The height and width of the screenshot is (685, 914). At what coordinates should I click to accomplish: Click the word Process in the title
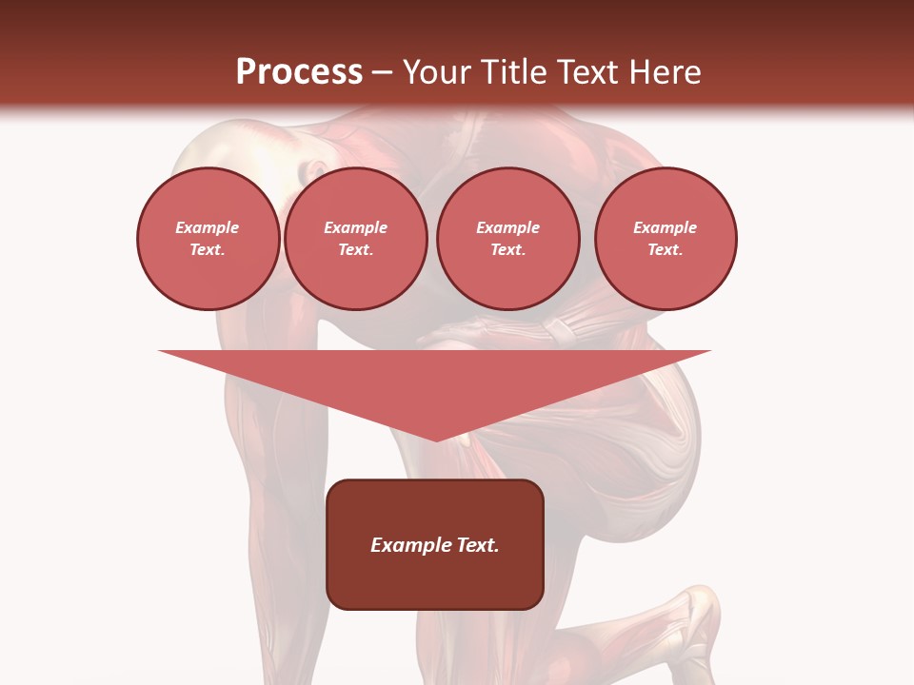point(299,72)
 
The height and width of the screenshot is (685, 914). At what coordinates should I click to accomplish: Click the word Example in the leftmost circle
point(208,227)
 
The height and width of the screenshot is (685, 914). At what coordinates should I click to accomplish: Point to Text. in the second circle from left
point(355,250)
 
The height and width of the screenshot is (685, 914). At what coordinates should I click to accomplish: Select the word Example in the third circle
point(507,227)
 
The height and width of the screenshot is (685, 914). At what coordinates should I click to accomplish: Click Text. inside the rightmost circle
point(665,250)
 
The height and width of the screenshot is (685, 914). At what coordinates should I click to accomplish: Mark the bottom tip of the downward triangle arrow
point(436,440)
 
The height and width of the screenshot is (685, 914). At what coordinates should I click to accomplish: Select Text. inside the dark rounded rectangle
point(478,545)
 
